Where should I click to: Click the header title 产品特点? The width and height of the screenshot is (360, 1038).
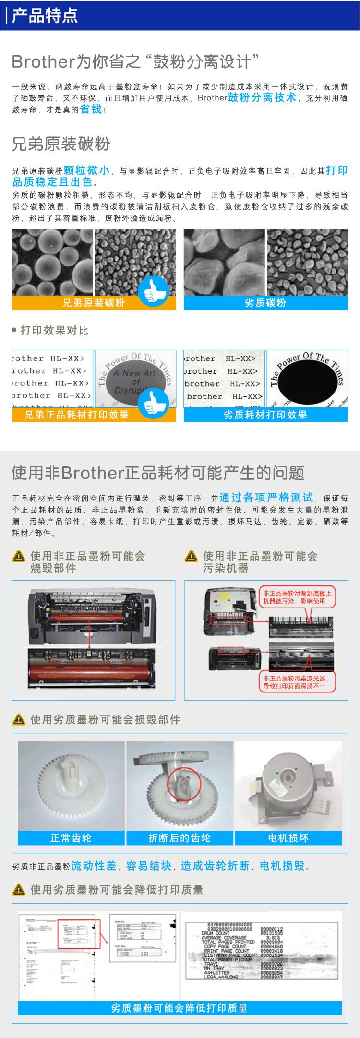(44, 16)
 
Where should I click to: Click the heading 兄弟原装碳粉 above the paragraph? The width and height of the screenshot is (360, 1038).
(61, 143)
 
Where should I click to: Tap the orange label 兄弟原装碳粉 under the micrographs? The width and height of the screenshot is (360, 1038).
(94, 302)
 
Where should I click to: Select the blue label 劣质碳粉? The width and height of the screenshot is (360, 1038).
(265, 302)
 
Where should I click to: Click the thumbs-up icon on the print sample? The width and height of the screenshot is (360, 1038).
(153, 403)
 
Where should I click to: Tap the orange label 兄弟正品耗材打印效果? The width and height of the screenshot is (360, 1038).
(77, 415)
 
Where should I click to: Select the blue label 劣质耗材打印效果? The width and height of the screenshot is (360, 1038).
(265, 415)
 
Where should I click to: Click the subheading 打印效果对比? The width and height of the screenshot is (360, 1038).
(54, 331)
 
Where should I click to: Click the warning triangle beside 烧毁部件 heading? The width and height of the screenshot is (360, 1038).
(19, 557)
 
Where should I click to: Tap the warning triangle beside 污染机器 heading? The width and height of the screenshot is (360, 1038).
(191, 557)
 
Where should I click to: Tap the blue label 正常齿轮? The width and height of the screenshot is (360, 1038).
(71, 838)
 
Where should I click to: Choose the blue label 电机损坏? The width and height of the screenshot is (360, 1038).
(288, 838)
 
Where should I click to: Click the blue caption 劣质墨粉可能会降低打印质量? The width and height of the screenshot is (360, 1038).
(180, 1008)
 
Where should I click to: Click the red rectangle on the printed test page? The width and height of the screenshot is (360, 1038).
(79, 934)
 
